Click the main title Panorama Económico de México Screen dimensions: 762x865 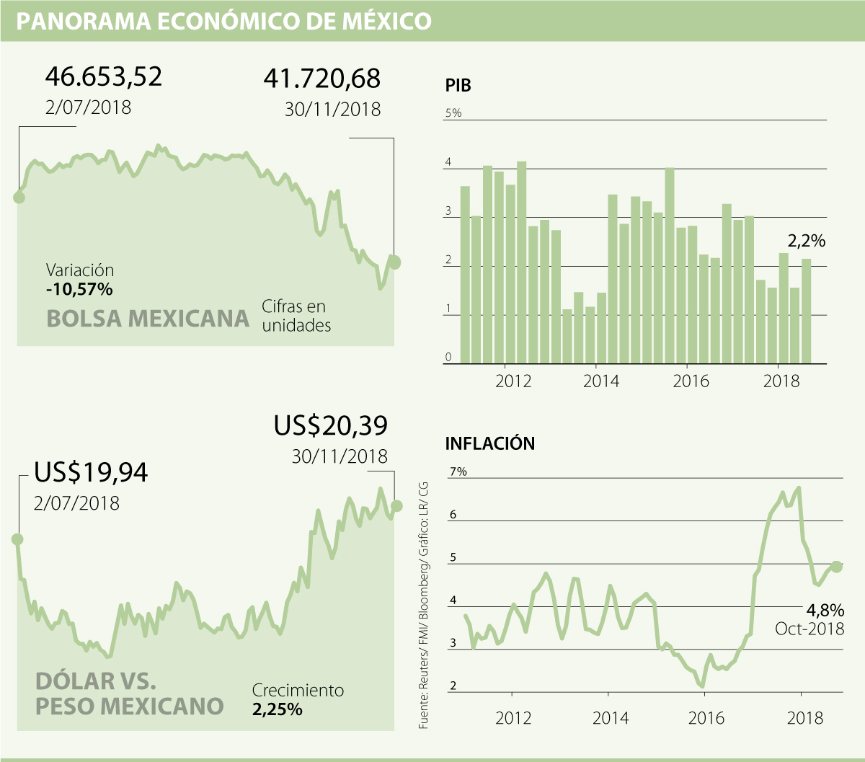click(223, 22)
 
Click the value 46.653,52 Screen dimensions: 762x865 click(104, 76)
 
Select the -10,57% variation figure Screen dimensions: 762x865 click(79, 290)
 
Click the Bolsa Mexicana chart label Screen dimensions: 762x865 click(148, 318)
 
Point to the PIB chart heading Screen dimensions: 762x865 click(458, 87)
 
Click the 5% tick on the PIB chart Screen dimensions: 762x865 click(453, 113)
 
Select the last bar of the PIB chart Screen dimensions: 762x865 click(806, 311)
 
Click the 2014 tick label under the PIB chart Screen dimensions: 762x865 click(600, 381)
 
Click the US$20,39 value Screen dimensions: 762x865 click(330, 426)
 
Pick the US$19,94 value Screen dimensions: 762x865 click(91, 473)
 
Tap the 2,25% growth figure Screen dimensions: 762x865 click(277, 709)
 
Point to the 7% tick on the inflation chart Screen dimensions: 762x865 click(458, 471)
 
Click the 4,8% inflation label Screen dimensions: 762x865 click(824, 611)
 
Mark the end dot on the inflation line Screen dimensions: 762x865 click(836, 567)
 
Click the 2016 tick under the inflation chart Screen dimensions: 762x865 click(706, 719)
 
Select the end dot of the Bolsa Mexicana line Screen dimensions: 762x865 click(394, 262)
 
